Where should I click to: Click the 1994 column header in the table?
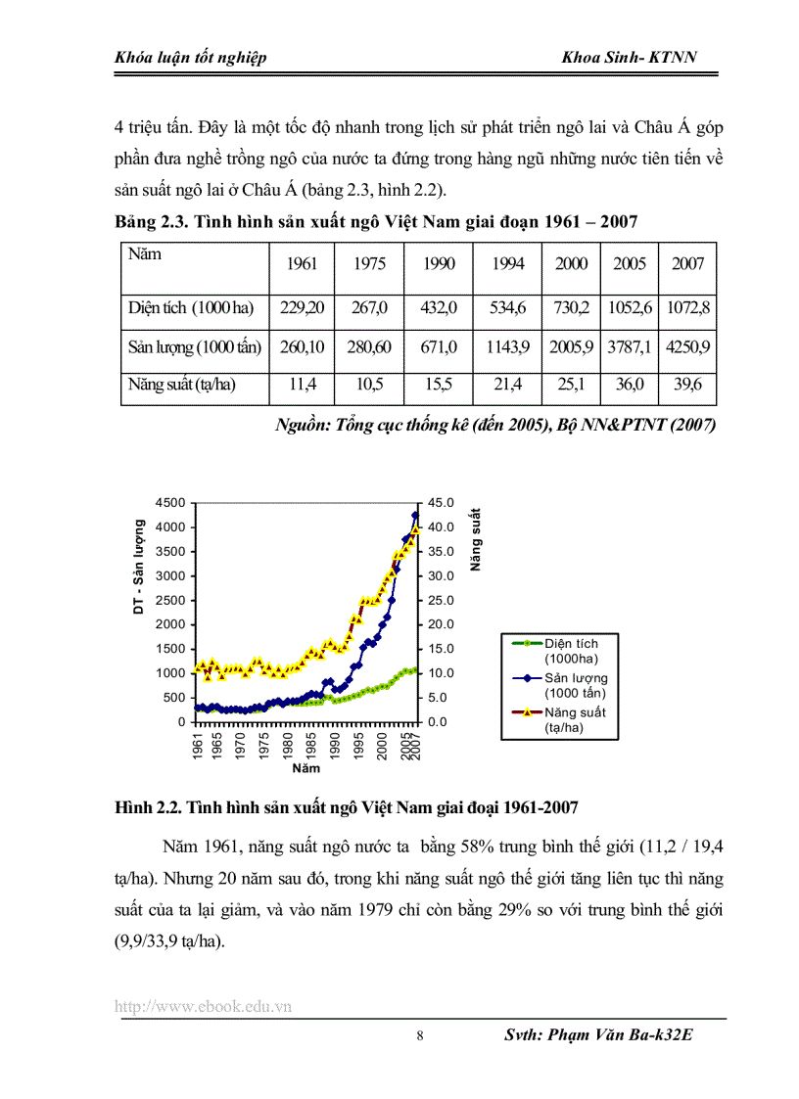tap(507, 264)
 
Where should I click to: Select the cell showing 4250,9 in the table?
tap(687, 345)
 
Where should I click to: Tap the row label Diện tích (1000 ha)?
tap(190, 307)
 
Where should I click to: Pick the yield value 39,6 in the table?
tap(687, 385)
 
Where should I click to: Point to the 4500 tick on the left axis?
tap(170, 503)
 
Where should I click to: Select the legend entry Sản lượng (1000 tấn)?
tap(575, 685)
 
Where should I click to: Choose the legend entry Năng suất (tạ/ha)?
tap(575, 719)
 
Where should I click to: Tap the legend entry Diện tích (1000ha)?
tap(575, 651)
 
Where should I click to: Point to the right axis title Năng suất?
tap(475, 540)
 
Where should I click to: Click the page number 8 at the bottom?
tap(420, 1037)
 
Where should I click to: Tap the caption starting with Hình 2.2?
tap(347, 807)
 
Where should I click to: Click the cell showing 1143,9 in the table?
tap(507, 345)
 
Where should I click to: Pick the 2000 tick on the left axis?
tap(170, 624)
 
